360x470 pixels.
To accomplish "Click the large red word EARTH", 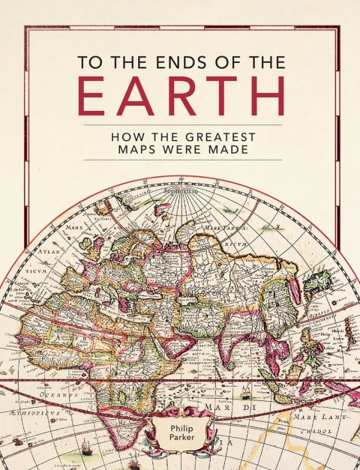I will pyautogui.click(x=183, y=97).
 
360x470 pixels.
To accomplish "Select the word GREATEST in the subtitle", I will pyautogui.click(x=222, y=137).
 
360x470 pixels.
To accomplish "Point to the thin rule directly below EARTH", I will pyautogui.click(x=183, y=124).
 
